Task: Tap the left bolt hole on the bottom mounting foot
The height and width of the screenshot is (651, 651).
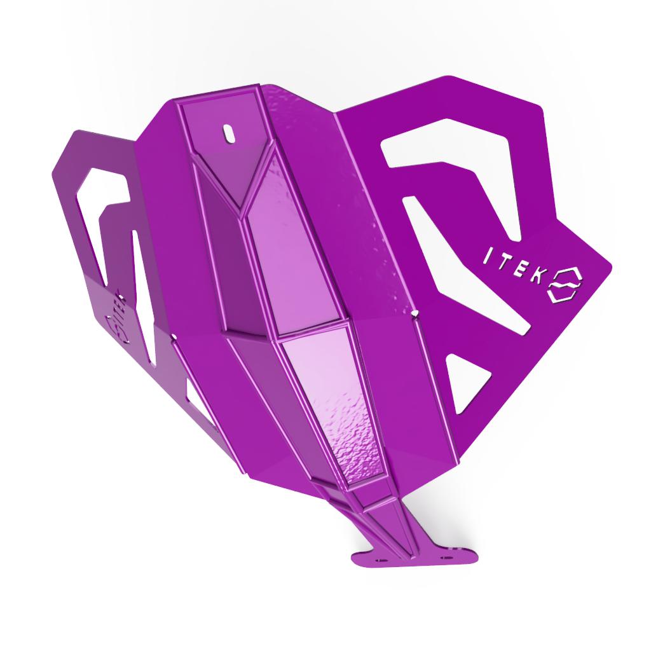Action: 381,561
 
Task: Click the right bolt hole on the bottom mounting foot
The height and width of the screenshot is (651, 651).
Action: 446,558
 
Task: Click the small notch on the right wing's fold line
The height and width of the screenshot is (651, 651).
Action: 414,313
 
